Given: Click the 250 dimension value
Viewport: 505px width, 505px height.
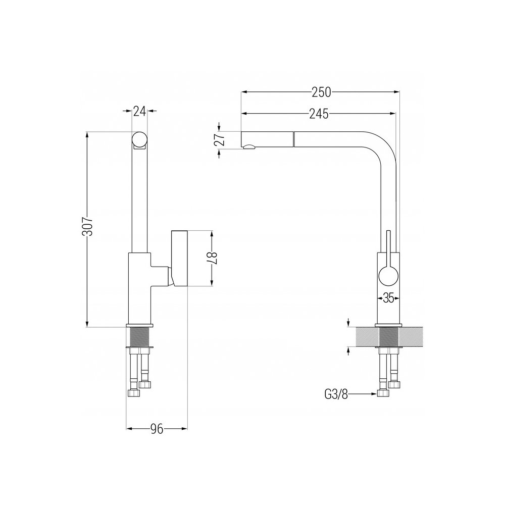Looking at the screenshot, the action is pos(321,92).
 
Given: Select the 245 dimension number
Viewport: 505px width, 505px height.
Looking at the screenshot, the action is pos(319,113).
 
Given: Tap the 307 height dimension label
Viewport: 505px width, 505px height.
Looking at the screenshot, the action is pos(87,226).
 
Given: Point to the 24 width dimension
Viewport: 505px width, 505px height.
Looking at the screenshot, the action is pos(139,111).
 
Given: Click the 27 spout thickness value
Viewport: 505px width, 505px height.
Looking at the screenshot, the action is pos(220,140).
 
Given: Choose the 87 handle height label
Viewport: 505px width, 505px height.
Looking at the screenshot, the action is pos(212,259).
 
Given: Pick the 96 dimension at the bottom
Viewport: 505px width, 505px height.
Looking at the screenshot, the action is pos(157,429).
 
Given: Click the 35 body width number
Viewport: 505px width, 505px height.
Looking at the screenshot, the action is pos(388,298).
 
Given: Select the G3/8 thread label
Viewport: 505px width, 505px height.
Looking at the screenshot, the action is pos(336,394).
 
